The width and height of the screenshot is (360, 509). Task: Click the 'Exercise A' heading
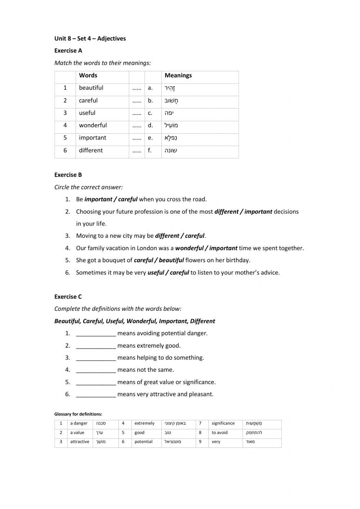pos(68,51)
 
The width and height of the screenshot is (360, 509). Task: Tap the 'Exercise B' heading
pos(68,175)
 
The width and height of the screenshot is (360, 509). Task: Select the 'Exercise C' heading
pos(68,297)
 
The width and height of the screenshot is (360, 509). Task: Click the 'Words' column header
pos(88,76)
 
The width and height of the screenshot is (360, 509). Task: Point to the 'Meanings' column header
pos(178,76)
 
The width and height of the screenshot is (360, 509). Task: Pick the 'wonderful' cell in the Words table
pos(93,125)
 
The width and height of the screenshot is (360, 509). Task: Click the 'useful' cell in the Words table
pos(87,113)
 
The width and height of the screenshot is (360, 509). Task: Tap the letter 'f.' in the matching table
pos(150,151)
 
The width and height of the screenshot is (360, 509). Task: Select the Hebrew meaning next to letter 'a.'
pos(170,88)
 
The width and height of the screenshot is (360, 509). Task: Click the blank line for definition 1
pos(96,334)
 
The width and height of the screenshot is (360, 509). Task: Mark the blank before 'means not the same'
pos(96,370)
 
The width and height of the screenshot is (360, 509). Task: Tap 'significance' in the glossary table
pos(223,423)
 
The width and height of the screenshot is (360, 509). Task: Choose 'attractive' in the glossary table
pos(80,442)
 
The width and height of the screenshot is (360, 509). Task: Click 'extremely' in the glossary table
pos(144,423)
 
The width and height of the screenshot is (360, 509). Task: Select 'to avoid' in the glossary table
pos(219,433)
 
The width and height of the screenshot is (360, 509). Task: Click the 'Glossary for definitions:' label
pos(78,414)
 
